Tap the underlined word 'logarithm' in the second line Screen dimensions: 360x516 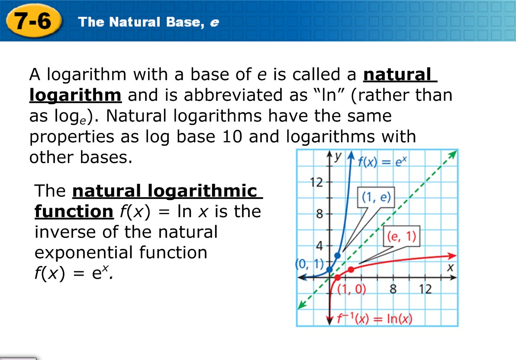point(75,95)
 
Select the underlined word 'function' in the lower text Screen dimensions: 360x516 point(74,212)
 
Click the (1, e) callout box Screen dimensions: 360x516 point(376,198)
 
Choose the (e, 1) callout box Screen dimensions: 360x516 point(402,236)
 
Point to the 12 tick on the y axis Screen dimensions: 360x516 point(317,182)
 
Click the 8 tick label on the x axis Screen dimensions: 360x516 point(393,289)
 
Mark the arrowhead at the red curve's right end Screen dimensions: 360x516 point(452,255)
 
